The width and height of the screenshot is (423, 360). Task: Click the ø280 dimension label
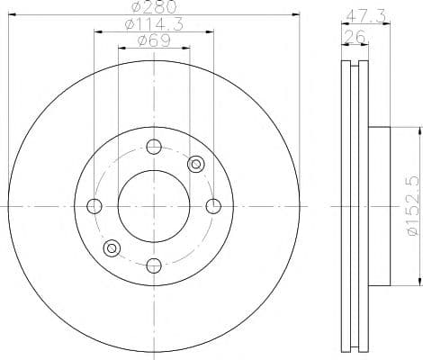click(154, 7)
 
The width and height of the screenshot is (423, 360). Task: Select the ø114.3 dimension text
click(154, 24)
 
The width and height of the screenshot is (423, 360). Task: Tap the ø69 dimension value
click(154, 40)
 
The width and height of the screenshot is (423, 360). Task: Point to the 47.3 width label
click(366, 17)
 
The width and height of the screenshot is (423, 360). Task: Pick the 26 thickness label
click(355, 37)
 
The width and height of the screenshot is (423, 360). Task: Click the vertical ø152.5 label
click(412, 206)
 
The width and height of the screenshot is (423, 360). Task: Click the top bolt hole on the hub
click(154, 147)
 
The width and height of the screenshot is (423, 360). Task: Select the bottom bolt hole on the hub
click(154, 265)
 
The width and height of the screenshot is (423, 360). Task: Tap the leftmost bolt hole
click(94, 206)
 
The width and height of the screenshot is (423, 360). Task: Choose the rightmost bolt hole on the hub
click(213, 206)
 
